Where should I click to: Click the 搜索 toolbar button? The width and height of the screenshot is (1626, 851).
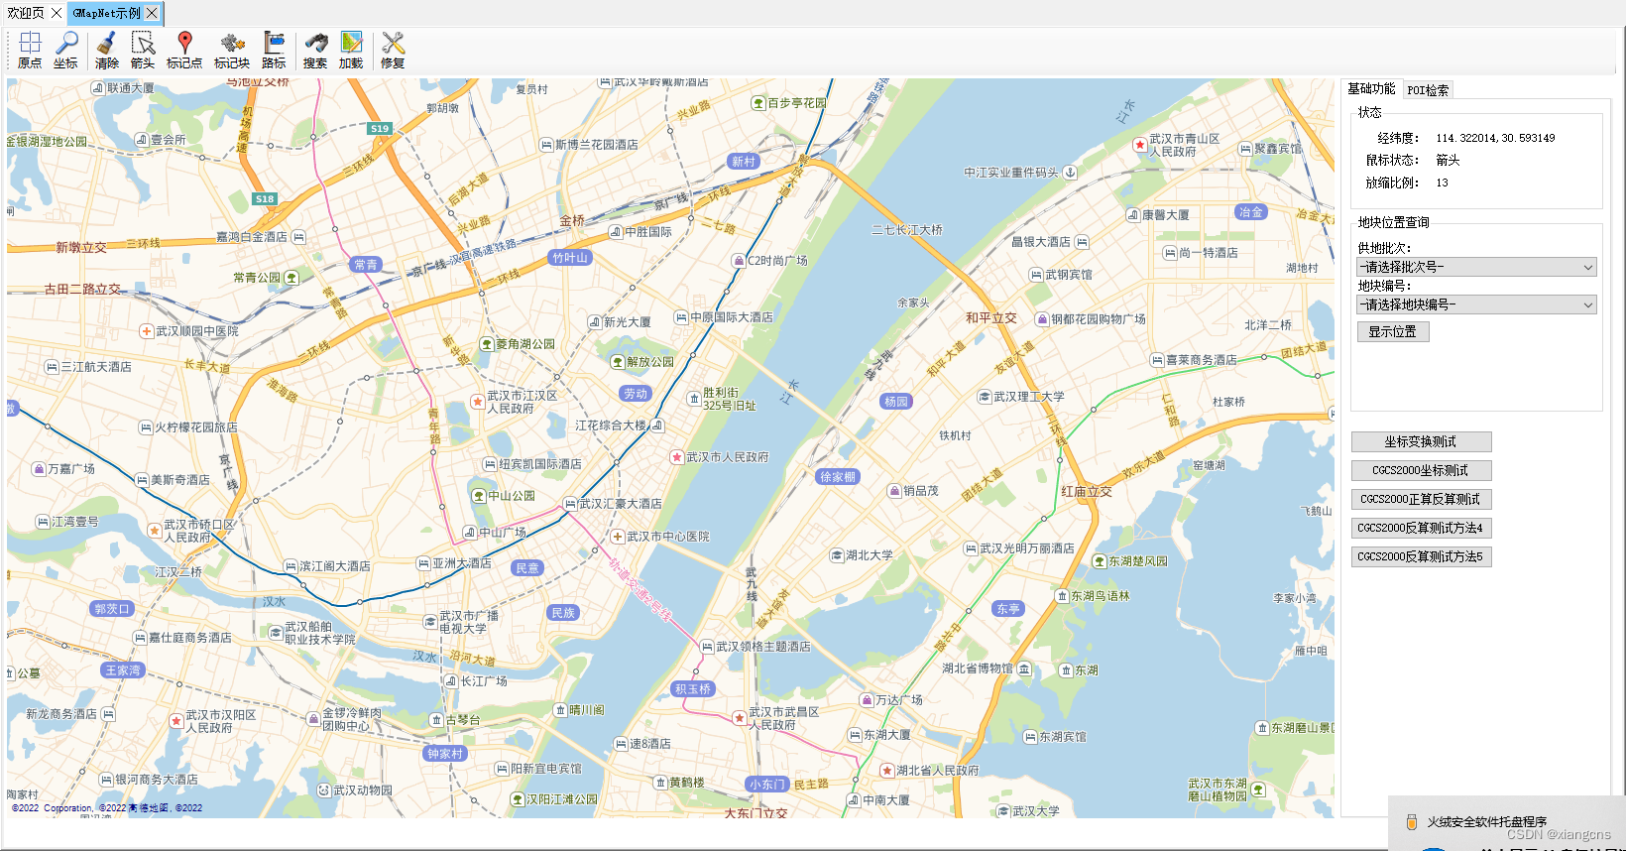pyautogui.click(x=315, y=50)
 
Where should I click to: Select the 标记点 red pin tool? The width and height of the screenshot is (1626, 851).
pyautogui.click(x=183, y=50)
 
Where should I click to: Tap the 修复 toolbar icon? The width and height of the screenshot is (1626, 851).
pyautogui.click(x=393, y=50)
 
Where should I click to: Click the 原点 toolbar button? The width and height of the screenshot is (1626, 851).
pyautogui.click(x=30, y=50)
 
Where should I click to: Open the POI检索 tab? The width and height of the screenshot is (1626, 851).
pyautogui.click(x=1428, y=90)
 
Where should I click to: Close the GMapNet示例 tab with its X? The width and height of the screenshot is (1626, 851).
pyautogui.click(x=152, y=13)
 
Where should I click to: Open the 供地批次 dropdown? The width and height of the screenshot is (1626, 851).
pyautogui.click(x=1476, y=267)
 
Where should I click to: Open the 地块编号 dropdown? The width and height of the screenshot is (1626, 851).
pyautogui.click(x=1476, y=304)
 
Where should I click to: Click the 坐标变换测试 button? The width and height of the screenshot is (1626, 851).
pyautogui.click(x=1421, y=441)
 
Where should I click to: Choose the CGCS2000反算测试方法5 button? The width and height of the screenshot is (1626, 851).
pyautogui.click(x=1421, y=556)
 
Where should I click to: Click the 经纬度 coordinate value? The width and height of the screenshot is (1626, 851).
pyautogui.click(x=1495, y=138)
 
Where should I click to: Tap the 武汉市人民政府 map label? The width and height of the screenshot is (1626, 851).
pyautogui.click(x=727, y=457)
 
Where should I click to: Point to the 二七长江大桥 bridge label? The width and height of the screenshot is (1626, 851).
pyautogui.click(x=906, y=230)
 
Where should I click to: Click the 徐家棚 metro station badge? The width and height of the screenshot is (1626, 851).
pyautogui.click(x=838, y=477)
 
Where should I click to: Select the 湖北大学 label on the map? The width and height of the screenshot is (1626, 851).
pyautogui.click(x=869, y=555)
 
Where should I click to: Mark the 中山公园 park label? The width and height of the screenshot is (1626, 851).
pyautogui.click(x=511, y=496)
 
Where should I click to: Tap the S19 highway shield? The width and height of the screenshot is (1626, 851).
pyautogui.click(x=380, y=129)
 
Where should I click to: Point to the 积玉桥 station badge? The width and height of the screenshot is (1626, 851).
pyautogui.click(x=693, y=689)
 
